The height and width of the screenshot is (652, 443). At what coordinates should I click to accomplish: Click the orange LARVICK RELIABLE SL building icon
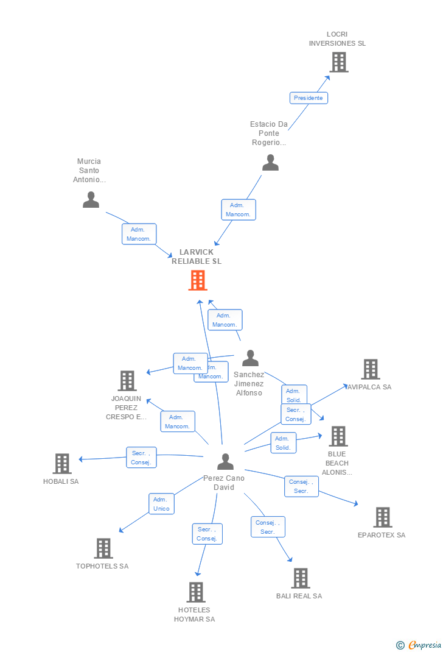pyautogui.click(x=198, y=280)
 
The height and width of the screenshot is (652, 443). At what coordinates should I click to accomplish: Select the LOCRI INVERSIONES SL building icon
pyautogui.click(x=339, y=62)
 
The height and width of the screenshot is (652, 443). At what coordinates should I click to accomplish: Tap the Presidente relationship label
pyautogui.click(x=309, y=98)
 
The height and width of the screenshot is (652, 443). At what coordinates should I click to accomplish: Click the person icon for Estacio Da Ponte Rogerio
pyautogui.click(x=270, y=163)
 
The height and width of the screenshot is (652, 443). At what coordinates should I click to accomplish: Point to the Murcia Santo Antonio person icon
pyautogui.click(x=91, y=200)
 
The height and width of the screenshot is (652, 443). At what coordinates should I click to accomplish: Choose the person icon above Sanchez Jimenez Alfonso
pyautogui.click(x=250, y=358)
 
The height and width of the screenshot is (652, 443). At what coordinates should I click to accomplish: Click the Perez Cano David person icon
pyautogui.click(x=225, y=462)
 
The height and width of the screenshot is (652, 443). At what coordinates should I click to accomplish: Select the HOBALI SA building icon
pyautogui.click(x=62, y=464)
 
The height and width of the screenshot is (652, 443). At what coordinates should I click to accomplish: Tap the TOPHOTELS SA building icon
pyautogui.click(x=103, y=548)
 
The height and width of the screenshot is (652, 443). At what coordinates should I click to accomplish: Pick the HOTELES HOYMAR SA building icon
pyautogui.click(x=196, y=592)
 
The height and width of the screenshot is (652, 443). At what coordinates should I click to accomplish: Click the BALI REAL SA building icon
pyautogui.click(x=300, y=578)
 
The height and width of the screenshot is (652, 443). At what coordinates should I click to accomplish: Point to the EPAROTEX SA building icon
pyautogui.click(x=382, y=517)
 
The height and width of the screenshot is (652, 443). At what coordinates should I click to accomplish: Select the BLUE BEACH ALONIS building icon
pyautogui.click(x=338, y=436)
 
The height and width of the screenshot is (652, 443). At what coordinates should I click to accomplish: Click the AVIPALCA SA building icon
pyautogui.click(x=371, y=369)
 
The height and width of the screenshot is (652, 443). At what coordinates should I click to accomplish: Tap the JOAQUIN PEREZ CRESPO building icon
pyautogui.click(x=127, y=381)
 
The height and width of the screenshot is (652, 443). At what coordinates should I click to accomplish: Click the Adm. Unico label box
pyautogui.click(x=161, y=504)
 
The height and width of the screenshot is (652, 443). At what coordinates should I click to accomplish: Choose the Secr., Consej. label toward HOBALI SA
pyautogui.click(x=142, y=458)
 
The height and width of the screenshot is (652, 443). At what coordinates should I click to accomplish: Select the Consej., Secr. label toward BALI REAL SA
pyautogui.click(x=268, y=527)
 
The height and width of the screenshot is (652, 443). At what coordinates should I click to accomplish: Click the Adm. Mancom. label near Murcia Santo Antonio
pyautogui.click(x=139, y=234)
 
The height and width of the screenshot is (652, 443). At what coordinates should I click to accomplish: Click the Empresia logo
pyautogui.click(x=419, y=645)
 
